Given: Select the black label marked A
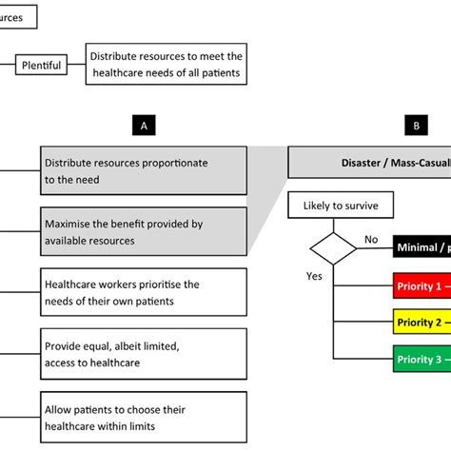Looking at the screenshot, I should (x=142, y=125).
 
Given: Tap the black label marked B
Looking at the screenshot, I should (x=416, y=125).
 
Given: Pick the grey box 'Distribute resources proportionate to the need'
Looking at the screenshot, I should (x=143, y=171).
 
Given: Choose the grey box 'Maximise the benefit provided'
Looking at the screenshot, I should (x=143, y=231).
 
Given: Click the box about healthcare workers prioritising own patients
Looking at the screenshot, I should (x=143, y=291).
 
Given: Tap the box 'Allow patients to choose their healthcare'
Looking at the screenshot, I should (x=143, y=417).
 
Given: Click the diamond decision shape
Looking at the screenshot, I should (x=332, y=249).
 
